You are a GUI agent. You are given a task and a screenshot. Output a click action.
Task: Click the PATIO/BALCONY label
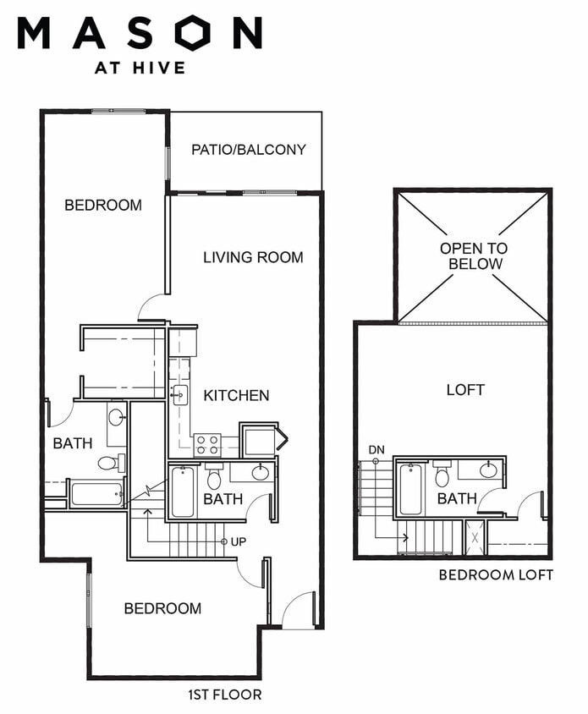pos(248,150)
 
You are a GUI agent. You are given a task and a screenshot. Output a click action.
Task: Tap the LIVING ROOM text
pos(253,257)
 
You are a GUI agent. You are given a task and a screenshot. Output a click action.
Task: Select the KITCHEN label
pos(236,395)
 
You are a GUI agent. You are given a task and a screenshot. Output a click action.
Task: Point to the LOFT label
pos(465,390)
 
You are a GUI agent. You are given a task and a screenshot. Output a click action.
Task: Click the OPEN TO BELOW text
pos(474,256)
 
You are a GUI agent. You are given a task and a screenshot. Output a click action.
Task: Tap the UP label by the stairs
pos(239,542)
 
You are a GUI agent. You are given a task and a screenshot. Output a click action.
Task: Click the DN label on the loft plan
pos(376,450)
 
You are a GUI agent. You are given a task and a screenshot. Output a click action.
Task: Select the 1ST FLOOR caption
pos(225,695)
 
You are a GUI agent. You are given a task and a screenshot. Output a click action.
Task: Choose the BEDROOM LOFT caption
pos(496,575)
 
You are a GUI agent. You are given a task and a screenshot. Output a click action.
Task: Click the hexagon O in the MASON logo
pos(195,32)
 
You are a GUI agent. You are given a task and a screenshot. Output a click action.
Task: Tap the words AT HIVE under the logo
pos(140,68)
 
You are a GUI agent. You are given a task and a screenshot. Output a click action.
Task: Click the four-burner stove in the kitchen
pos(207,445)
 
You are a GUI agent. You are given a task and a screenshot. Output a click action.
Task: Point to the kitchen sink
pos(179,395)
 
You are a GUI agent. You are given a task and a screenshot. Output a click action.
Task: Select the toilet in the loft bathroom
pos(442,474)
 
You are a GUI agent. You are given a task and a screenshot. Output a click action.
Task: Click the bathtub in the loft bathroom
pos(410,490)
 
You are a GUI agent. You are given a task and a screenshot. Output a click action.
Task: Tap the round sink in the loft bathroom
pos(488,471)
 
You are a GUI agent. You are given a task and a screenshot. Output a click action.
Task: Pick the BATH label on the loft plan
pos(457,498)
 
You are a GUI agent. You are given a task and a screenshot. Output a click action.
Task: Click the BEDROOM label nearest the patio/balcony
pos(103,205)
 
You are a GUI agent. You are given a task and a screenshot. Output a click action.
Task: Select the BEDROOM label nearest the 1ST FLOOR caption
pos(162,608)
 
